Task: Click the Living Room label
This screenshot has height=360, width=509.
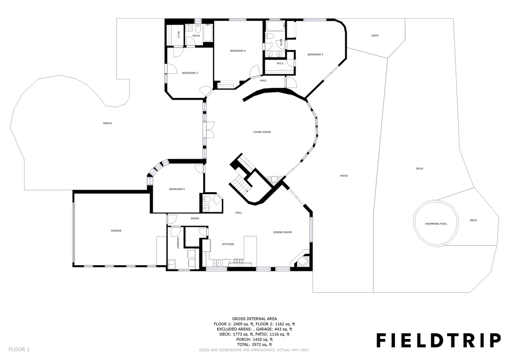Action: [262, 132]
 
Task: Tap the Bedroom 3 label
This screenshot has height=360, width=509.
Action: [190, 73]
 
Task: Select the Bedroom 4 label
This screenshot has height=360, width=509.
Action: [238, 51]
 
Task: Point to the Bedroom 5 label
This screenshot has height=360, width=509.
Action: [316, 55]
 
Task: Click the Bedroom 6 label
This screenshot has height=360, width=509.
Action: [177, 189]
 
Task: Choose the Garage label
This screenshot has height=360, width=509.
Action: [116, 231]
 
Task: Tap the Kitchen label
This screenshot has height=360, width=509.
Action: [228, 244]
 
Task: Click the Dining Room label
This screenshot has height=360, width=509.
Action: [282, 232]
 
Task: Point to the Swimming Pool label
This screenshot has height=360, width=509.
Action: [436, 224]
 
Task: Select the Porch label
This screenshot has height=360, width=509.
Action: [107, 123]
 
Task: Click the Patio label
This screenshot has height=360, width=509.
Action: [344, 176]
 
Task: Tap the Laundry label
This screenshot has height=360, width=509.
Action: [178, 243]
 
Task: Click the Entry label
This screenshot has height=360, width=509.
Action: [195, 219]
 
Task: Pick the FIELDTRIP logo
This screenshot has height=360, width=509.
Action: [439, 340]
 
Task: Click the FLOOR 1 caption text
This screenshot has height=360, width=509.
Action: [19, 349]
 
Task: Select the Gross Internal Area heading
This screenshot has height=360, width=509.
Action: [254, 319]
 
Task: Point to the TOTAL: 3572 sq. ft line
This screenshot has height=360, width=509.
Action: [254, 345]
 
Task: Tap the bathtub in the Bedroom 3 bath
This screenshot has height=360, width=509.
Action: [208, 33]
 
